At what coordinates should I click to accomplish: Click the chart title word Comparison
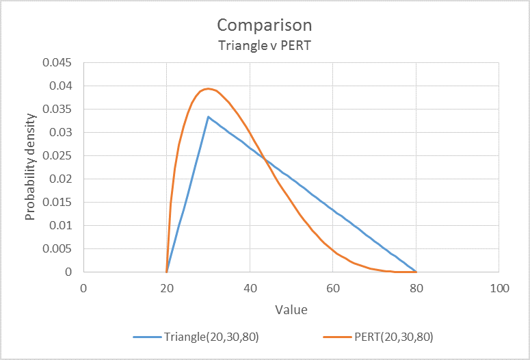coord(265,25)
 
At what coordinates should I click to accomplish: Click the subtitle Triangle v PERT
coord(265,47)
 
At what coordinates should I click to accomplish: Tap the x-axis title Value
coord(291,309)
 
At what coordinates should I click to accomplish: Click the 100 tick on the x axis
coord(499,288)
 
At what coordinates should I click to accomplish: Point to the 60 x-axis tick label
coord(333,288)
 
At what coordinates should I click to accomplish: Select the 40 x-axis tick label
coord(250,288)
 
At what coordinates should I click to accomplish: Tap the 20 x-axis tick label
coord(167,288)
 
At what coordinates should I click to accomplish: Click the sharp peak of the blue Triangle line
coord(208,117)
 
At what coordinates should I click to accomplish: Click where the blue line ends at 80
coord(416,272)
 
